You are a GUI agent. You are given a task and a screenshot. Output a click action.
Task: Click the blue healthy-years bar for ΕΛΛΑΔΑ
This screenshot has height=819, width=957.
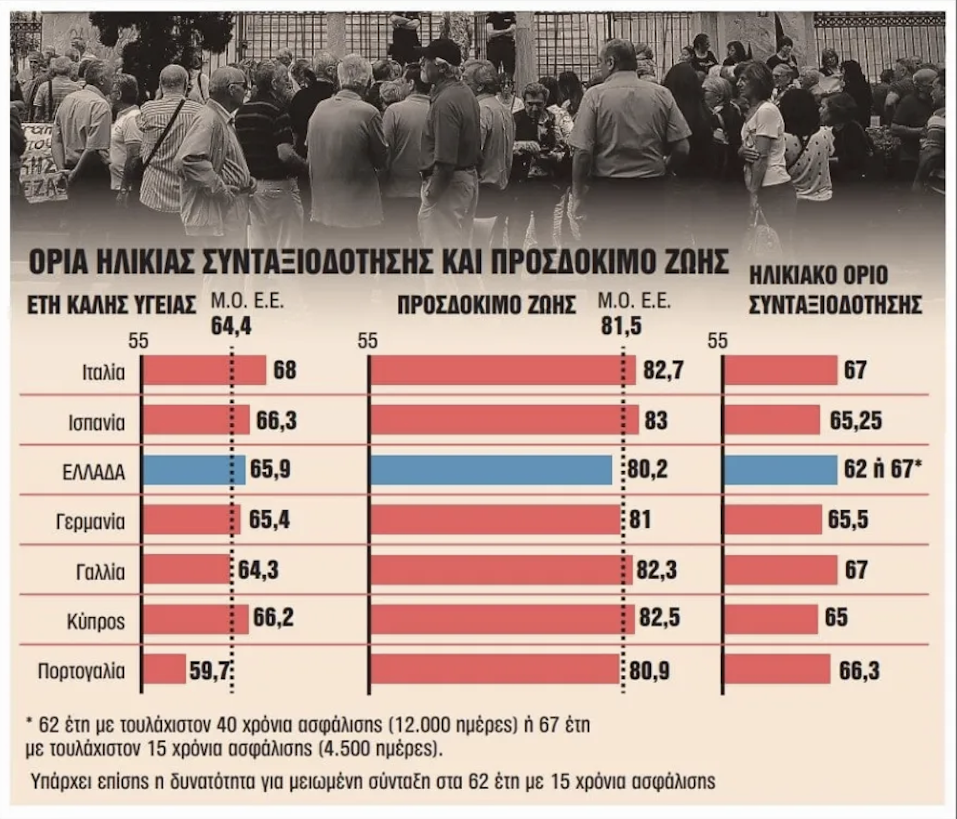click(x=194, y=470)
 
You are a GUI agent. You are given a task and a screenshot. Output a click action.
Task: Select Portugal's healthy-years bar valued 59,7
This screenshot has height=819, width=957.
click(x=164, y=669)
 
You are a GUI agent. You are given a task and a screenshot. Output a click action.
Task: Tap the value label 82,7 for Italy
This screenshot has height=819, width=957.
click(x=664, y=370)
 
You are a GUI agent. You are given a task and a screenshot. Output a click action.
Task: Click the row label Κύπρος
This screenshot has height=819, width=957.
click(x=96, y=622)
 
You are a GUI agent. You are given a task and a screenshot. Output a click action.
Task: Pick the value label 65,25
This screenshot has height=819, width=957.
click(x=856, y=420)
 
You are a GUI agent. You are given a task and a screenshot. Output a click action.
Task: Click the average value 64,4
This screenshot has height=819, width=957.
click(x=231, y=326)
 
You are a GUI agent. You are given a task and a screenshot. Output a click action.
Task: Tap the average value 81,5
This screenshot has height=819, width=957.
click(x=621, y=326)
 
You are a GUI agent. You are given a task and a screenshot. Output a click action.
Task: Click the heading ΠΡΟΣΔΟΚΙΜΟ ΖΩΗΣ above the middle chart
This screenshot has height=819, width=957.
click(x=487, y=305)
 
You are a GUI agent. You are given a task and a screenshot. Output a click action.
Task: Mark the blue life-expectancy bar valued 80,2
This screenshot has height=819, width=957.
click(x=491, y=470)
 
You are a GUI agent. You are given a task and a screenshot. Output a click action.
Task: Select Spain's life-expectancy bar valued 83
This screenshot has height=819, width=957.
click(x=504, y=420)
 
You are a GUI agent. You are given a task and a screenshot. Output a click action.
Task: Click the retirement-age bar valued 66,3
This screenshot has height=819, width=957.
click(x=778, y=669)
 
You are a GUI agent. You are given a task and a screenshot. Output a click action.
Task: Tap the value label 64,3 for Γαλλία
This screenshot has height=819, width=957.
click(x=258, y=570)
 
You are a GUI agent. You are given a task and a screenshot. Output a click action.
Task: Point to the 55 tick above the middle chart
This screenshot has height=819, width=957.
click(x=367, y=341)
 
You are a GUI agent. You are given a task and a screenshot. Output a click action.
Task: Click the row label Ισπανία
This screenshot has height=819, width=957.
click(x=96, y=423)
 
